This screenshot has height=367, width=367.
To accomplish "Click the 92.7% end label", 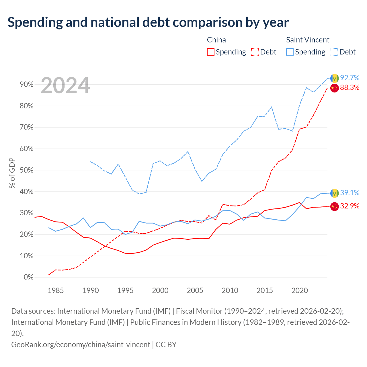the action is pos(350,78).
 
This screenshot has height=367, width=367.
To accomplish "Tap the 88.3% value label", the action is pos(350,88).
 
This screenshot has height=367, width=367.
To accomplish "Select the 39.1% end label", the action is pos(350,193).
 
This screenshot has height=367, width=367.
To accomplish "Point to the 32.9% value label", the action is pos(350,206).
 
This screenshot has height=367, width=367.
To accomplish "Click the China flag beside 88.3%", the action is pos(334,88).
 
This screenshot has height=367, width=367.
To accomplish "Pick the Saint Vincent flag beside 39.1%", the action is pos(334,193).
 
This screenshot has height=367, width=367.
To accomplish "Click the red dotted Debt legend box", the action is pos(255,52).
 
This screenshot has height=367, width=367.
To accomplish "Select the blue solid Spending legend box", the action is pos(290,52).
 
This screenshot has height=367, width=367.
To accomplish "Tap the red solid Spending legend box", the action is pos(210,52).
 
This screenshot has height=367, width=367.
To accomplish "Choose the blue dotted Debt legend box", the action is pos(334,52).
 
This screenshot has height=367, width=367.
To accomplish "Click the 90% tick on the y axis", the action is pos(26,84).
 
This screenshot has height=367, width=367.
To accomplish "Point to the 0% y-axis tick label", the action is pos(29,277).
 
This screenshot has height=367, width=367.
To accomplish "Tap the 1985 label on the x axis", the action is pos(56,290).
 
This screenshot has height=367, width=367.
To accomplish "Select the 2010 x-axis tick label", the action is pos(230,290).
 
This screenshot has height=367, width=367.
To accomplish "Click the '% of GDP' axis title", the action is pos(12,173).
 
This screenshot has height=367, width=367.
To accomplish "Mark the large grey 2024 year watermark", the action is pos(65,85).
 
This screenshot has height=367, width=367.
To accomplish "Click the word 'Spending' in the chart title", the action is pos(35,22).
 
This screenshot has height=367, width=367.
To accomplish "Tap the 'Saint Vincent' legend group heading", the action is pos(308,40).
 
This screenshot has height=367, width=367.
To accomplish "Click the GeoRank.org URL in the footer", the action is pos(81,345).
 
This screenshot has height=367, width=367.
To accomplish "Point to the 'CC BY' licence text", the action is pos(166,345).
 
